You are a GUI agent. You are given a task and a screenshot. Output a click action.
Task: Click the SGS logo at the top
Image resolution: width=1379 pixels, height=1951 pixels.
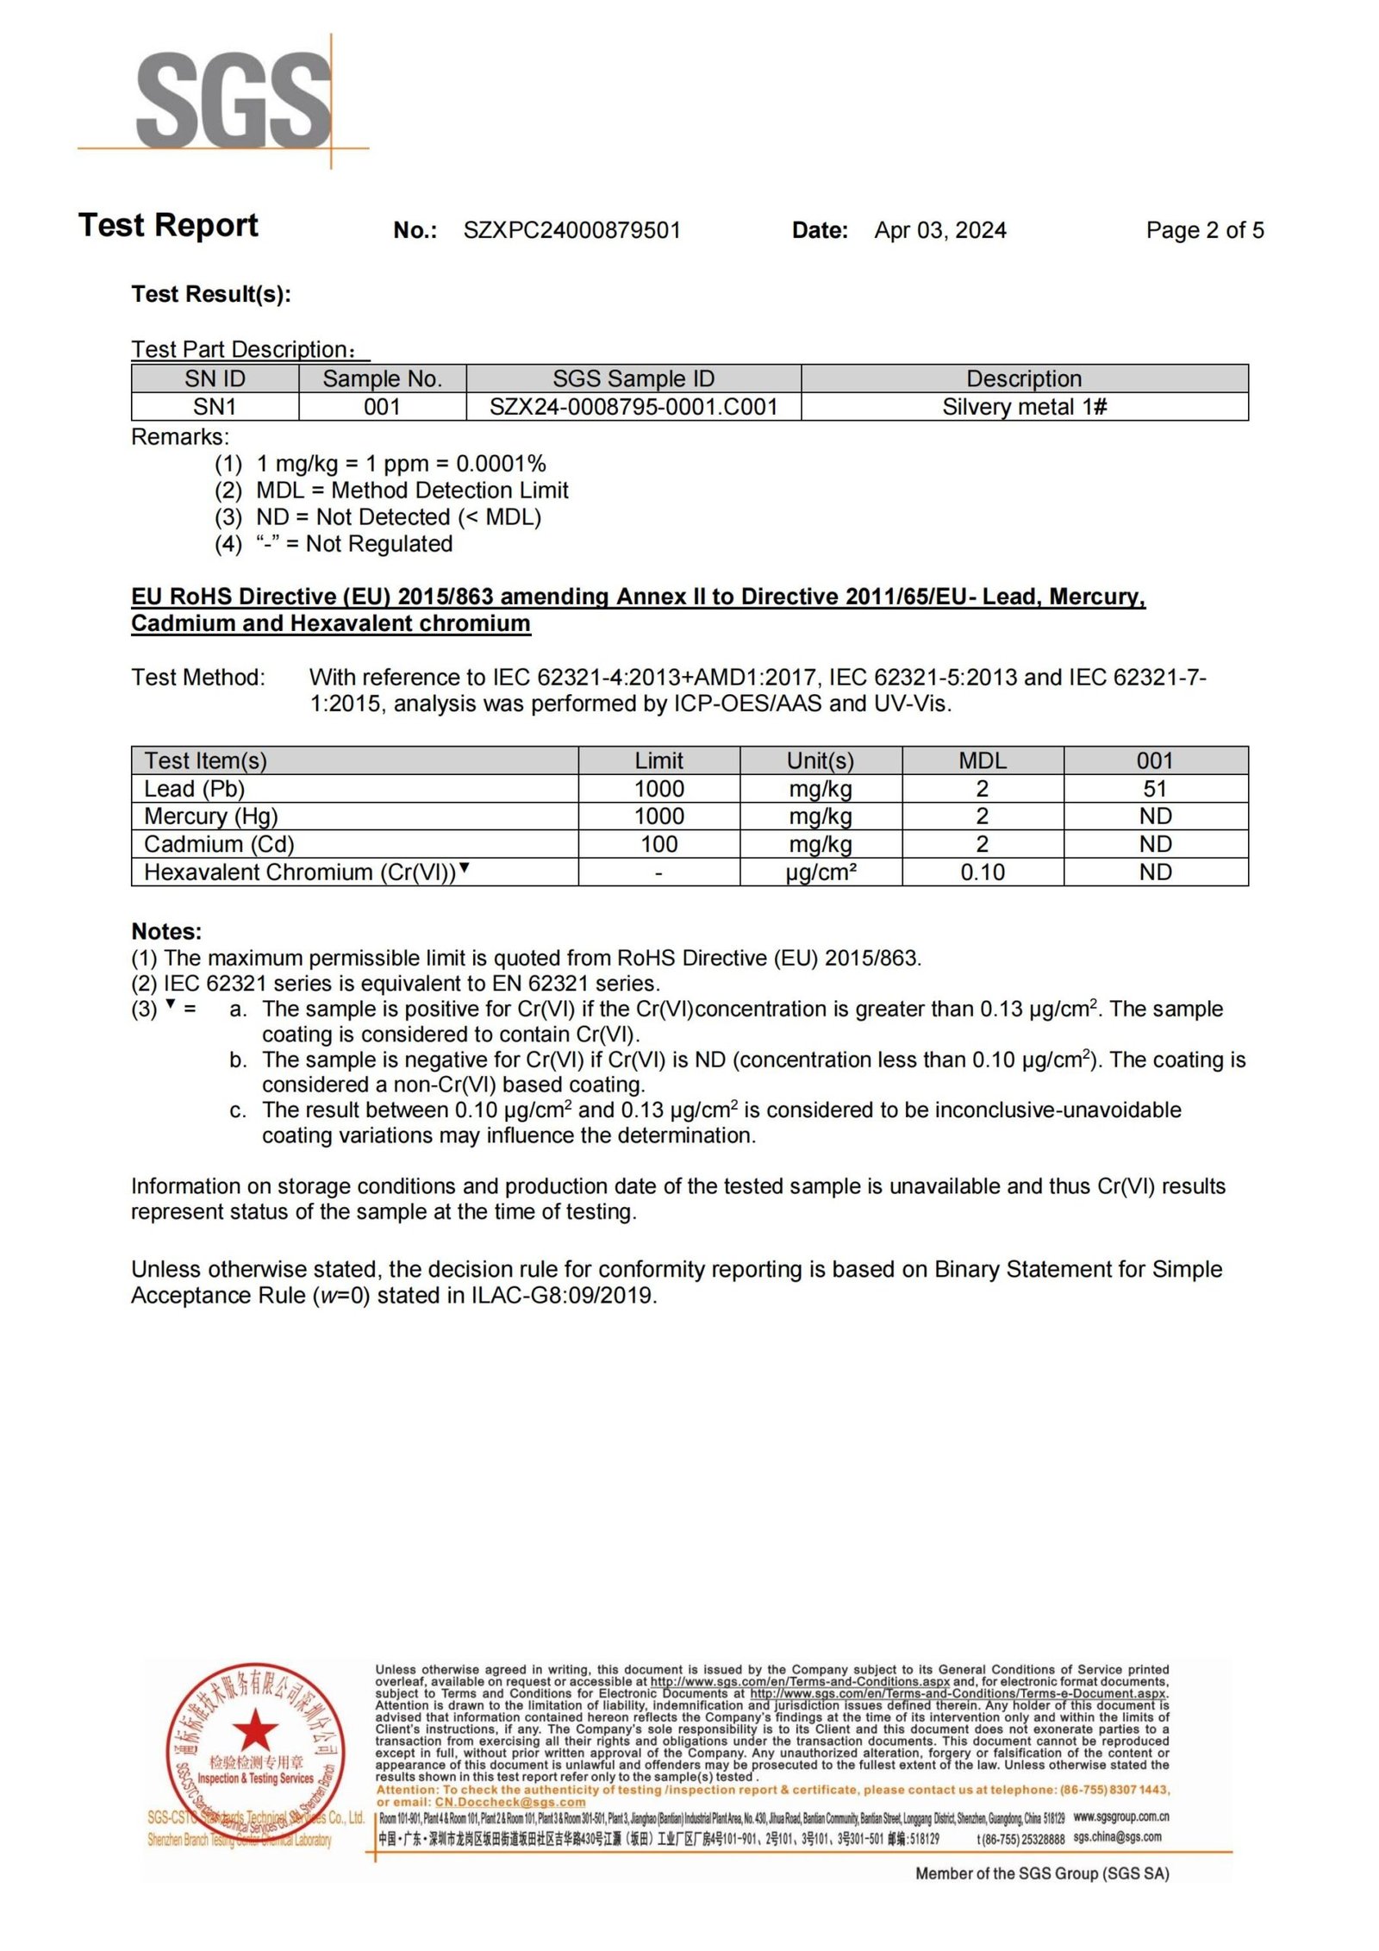tap(233, 101)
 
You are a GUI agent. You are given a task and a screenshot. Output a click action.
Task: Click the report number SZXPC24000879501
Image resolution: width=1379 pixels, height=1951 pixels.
tap(571, 230)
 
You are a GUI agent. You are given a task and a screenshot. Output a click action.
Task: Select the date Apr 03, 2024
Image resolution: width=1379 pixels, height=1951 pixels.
tap(939, 230)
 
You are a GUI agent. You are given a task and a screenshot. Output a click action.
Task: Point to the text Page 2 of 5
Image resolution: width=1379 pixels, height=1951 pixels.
tap(1204, 230)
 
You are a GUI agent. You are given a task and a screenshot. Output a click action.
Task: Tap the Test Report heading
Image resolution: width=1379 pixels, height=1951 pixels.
tap(168, 225)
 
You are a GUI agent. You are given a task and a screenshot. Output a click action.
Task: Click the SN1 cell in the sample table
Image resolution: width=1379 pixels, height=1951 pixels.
tap(215, 407)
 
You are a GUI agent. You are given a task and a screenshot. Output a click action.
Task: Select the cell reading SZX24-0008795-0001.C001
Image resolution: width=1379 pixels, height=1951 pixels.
tap(633, 407)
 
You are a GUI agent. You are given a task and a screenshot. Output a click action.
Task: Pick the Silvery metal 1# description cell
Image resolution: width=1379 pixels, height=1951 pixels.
tap(1024, 407)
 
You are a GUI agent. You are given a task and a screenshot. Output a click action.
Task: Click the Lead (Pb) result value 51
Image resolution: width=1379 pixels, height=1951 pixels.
tap(1155, 789)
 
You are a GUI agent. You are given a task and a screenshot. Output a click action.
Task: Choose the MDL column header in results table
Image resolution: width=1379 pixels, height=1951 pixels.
tap(983, 760)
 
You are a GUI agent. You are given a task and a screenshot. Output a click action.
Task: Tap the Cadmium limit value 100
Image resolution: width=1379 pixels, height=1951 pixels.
tap(658, 844)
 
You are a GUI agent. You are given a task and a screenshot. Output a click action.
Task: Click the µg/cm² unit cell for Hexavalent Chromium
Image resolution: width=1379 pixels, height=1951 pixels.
tap(821, 872)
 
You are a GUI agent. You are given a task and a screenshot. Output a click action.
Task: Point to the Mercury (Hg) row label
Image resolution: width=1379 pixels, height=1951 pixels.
tap(211, 816)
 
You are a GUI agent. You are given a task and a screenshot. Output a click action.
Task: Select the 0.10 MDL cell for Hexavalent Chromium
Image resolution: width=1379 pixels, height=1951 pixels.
tap(983, 872)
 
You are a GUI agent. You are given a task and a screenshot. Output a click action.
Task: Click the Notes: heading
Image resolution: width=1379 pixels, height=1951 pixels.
tap(166, 931)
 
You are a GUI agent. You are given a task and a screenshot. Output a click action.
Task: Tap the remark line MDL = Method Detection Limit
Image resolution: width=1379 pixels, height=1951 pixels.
tap(412, 491)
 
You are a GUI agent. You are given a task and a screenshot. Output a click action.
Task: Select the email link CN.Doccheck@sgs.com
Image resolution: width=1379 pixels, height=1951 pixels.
tap(509, 1802)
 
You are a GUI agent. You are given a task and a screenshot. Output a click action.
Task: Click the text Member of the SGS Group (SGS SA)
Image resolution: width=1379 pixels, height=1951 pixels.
tap(1041, 1873)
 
